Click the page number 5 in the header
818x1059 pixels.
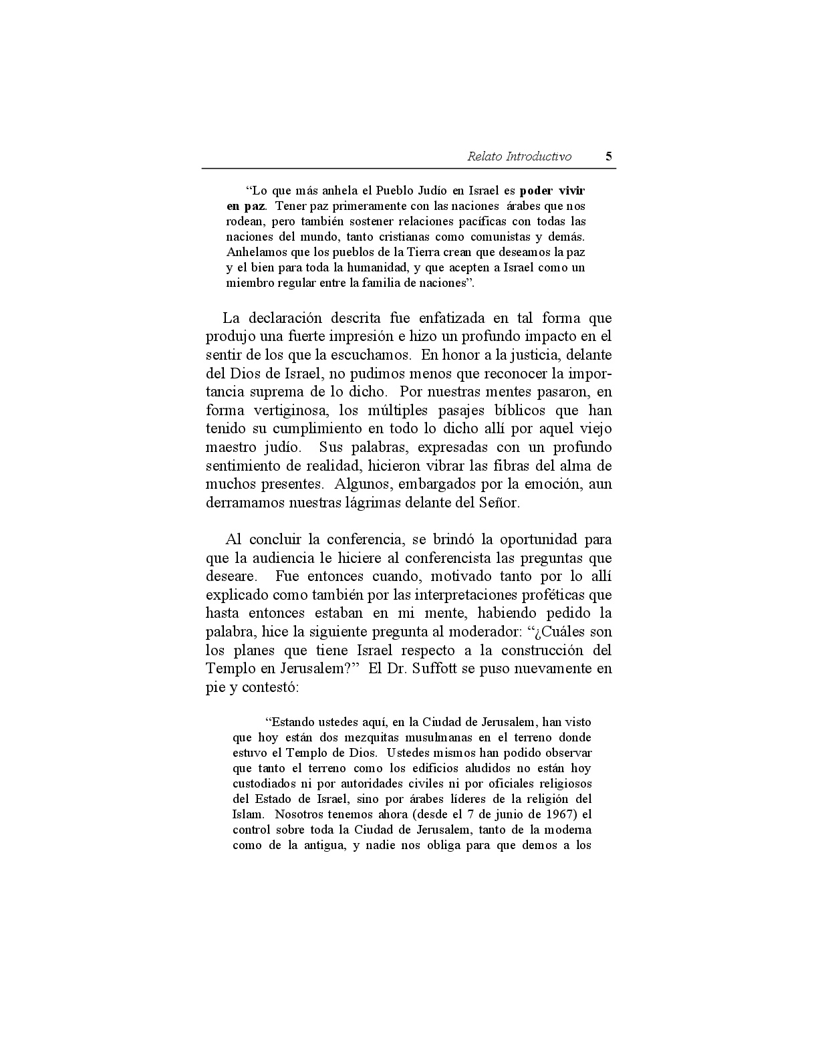(608, 156)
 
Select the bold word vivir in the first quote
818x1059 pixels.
(571, 190)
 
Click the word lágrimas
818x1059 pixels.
(372, 503)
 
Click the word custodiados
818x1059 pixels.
(267, 784)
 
